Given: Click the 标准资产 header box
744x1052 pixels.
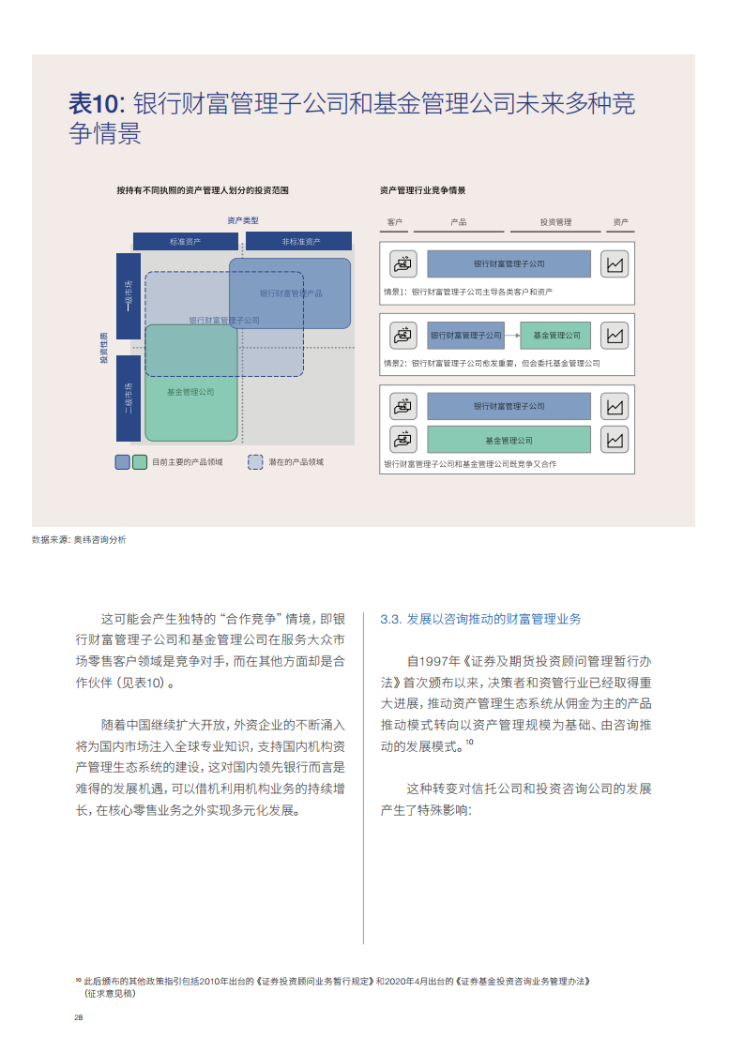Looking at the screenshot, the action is tap(186, 242).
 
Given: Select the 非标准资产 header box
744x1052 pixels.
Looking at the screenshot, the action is tap(298, 242).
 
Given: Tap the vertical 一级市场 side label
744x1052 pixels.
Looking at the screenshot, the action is tap(129, 296).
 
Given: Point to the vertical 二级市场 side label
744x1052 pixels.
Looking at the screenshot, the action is tap(129, 398).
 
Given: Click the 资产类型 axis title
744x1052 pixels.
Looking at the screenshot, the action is tap(242, 220).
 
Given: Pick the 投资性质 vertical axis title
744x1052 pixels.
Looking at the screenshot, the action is tap(104, 348).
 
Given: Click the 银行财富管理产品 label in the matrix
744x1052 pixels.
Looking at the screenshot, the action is tap(291, 293).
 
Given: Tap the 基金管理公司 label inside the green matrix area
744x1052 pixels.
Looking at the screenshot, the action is tap(190, 392).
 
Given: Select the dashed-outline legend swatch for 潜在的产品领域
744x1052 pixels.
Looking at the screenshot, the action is tap(255, 461).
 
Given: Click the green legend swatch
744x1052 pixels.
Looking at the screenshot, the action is tap(140, 461).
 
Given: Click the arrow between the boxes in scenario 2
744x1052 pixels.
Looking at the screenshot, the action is tap(512, 335).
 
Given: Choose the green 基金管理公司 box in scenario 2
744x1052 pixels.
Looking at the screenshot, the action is tap(556, 335).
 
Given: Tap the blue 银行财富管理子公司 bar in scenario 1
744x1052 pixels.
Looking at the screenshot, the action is tap(509, 263).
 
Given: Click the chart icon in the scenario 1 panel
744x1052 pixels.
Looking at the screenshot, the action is tap(615, 263).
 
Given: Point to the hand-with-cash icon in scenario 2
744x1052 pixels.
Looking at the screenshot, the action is tap(402, 335).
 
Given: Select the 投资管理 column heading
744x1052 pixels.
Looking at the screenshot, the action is tap(555, 222).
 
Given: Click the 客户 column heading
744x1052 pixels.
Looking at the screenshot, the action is tap(395, 222).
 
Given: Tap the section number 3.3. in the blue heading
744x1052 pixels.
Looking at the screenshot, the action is tap(391, 619).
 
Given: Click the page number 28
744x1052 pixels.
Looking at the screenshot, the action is tap(79, 1017).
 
